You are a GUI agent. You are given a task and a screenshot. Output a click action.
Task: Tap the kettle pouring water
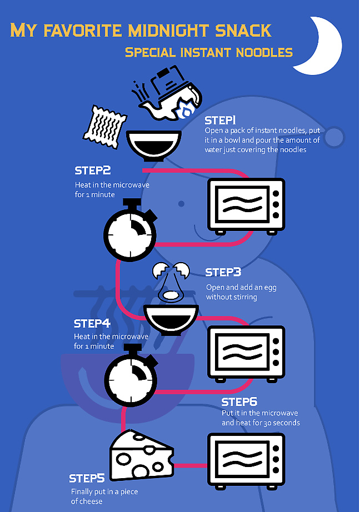point(168,93)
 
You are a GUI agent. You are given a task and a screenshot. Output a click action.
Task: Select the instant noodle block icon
point(104,127)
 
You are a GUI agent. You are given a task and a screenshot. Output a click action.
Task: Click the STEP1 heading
point(220,121)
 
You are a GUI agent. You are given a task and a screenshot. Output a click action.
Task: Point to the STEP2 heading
point(93,170)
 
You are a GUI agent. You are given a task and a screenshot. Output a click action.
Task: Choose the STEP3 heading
point(223,272)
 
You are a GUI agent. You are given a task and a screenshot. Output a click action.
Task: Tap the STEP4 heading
point(92,323)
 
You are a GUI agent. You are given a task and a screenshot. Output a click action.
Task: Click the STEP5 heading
point(87,478)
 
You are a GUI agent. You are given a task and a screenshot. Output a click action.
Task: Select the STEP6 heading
point(239,401)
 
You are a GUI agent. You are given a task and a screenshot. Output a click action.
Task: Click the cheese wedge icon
point(141,455)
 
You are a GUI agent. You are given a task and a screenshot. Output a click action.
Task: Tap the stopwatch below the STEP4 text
point(131,375)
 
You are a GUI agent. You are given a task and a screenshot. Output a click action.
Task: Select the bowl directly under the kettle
point(153,144)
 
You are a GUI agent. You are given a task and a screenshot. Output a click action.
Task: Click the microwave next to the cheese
point(246,461)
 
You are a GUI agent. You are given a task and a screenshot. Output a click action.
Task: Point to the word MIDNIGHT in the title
point(168,31)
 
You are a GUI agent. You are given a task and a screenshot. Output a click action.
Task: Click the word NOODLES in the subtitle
point(264,52)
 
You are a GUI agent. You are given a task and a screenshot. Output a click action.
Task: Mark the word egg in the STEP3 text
point(270,288)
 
